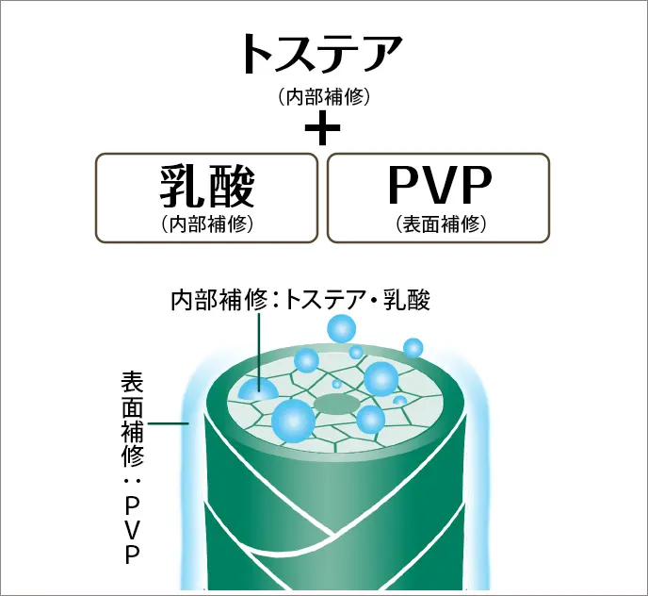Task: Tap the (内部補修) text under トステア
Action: pos(323,96)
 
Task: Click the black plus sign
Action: pos(323,129)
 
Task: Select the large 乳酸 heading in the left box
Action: pos(206,186)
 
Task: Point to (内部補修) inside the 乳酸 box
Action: pos(206,224)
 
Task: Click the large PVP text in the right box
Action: pos(439,188)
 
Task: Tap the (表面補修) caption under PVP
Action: pos(439,224)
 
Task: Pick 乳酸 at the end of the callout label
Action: pos(408,301)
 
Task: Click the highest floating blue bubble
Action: pos(341,329)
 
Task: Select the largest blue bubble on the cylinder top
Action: pos(292,419)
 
